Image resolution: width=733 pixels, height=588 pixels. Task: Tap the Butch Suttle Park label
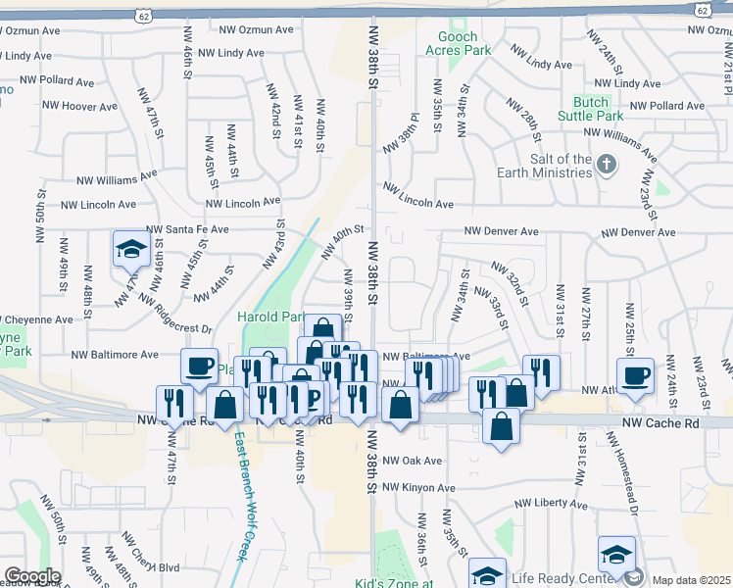[x=598, y=109]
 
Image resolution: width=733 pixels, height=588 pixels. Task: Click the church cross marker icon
[x=608, y=164]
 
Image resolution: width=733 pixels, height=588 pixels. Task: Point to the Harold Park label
[x=271, y=318]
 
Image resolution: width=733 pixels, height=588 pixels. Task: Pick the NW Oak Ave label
[x=412, y=461]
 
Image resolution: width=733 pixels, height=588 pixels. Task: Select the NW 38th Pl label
[x=400, y=132]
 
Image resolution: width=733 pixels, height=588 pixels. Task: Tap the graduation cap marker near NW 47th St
[x=130, y=250]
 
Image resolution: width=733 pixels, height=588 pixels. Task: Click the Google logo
[x=31, y=576]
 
